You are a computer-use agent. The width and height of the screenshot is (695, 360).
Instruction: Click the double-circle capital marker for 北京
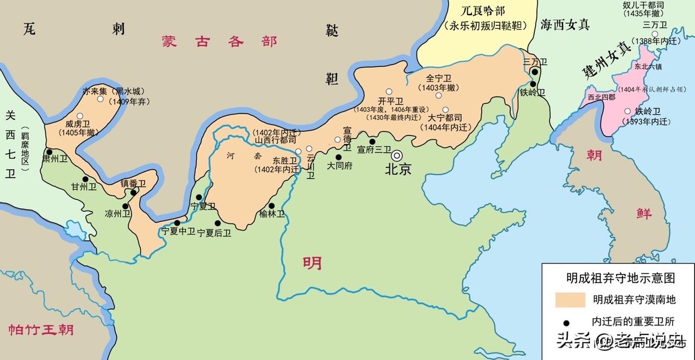pyautogui.click(x=398, y=155)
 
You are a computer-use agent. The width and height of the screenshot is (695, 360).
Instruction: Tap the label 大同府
pyautogui.click(x=339, y=166)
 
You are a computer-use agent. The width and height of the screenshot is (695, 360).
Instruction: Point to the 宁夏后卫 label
pyautogui.click(x=214, y=233)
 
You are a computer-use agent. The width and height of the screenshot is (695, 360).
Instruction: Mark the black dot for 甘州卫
pyautogui.click(x=85, y=179)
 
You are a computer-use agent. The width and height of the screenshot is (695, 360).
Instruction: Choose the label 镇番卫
pyautogui.click(x=133, y=183)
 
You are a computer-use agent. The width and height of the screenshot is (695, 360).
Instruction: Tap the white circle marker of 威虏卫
pyautogui.click(x=80, y=116)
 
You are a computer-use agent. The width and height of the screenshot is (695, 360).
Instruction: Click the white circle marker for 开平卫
pyautogui.click(x=389, y=91)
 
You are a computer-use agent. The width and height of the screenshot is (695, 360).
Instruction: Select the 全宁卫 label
pyautogui.click(x=439, y=78)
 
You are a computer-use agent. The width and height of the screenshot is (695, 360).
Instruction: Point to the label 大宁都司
pyautogui.click(x=444, y=117)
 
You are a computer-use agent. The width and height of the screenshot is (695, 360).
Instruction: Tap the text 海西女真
pyautogui.click(x=565, y=24)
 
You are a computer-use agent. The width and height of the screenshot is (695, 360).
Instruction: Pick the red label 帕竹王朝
pyautogui.click(x=41, y=330)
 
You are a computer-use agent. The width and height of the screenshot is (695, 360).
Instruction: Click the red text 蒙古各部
pyautogui.click(x=220, y=42)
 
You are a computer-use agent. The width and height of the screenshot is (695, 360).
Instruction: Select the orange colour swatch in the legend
pyautogui.click(x=570, y=300)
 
